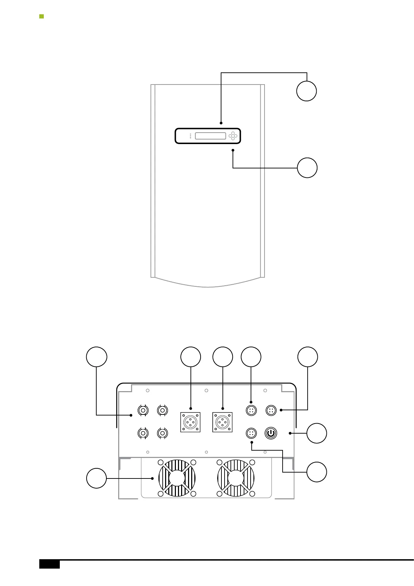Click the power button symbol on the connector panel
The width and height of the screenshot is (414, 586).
point(271,433)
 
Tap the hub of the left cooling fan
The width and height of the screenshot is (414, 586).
point(177,478)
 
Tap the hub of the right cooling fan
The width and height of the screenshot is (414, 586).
point(236,478)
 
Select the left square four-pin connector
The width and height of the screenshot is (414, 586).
point(190,422)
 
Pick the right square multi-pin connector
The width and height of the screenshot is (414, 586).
point(222,422)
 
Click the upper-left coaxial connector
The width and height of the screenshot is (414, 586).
point(143,411)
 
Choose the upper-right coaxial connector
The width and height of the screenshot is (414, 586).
point(162,411)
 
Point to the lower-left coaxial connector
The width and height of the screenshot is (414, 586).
point(143,433)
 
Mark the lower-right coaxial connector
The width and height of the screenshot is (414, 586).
point(162,433)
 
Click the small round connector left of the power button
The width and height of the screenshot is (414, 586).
point(251,433)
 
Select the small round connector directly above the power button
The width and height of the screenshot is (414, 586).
point(271,411)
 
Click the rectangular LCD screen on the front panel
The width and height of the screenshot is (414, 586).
point(211,136)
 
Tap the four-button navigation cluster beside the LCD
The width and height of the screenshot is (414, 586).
point(233,136)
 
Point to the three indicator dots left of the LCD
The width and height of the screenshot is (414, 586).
point(190,136)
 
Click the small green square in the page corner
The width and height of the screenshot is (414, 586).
point(41,16)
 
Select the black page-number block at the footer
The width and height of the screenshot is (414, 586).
point(49,564)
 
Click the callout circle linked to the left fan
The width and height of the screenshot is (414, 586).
point(97,478)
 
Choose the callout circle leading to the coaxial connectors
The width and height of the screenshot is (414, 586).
point(97,357)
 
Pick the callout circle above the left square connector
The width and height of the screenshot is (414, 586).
point(191,357)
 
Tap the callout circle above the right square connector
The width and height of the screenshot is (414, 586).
point(223,357)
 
